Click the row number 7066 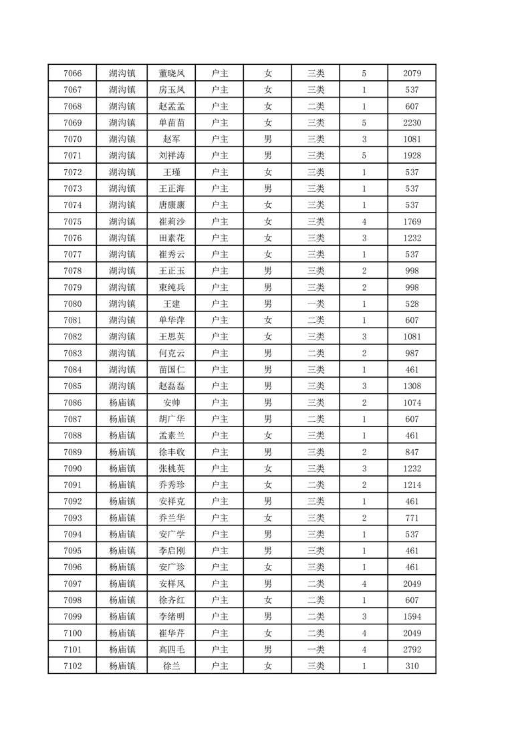[x=72, y=73]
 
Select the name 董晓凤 [x=171, y=73]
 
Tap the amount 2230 [x=412, y=122]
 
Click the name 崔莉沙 [x=171, y=221]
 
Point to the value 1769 [x=412, y=221]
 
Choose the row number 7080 [x=72, y=303]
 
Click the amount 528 [x=412, y=303]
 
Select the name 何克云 [x=171, y=353]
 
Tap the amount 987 [x=412, y=353]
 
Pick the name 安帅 [x=171, y=402]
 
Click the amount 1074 [x=412, y=402]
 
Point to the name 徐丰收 [x=171, y=452]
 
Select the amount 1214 [x=412, y=485]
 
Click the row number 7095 [x=72, y=551]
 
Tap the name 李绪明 [x=171, y=616]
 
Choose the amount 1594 [x=412, y=616]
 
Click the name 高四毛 [x=171, y=649]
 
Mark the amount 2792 [x=412, y=649]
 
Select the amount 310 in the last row [x=412, y=666]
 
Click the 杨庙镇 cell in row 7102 [x=122, y=666]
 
